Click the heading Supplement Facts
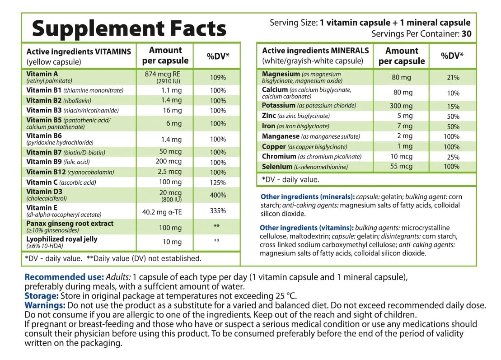pyautogui.click(x=129, y=29)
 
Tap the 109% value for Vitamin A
pyautogui.click(x=218, y=78)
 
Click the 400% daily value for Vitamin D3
pyautogui.click(x=218, y=195)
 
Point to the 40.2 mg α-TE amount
pyautogui.click(x=162, y=212)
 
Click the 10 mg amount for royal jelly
pyautogui.click(x=172, y=242)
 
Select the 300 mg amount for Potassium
pyautogui.click(x=401, y=106)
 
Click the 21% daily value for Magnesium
pyautogui.click(x=453, y=78)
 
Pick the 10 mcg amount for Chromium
pyautogui.click(x=401, y=157)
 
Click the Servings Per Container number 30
pyautogui.click(x=467, y=34)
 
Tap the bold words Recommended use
pyautogui.click(x=64, y=277)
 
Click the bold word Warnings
pyautogui.click(x=45, y=305)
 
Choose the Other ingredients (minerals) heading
pyautogui.click(x=308, y=197)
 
